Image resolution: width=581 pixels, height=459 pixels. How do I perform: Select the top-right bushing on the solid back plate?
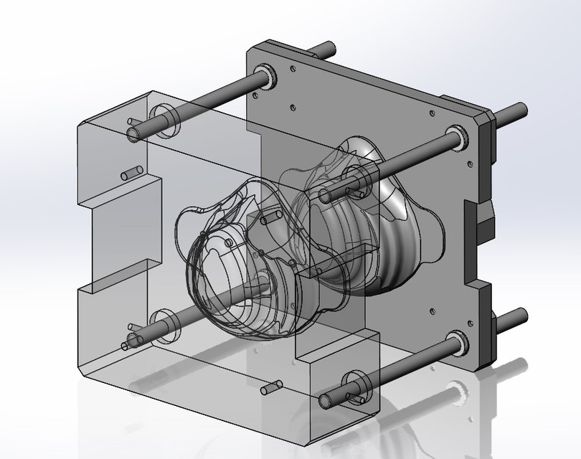tap(457, 137)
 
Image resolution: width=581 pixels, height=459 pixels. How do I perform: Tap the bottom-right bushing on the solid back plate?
tap(456, 341)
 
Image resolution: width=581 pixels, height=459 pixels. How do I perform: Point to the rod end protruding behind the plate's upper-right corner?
tap(518, 110)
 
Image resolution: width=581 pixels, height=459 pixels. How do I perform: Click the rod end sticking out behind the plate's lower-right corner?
tap(516, 316)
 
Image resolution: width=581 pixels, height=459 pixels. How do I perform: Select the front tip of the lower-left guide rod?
tap(133, 339)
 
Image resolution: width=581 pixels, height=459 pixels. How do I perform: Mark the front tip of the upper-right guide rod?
tap(326, 195)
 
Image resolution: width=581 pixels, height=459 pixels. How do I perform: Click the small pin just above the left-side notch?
tap(131, 174)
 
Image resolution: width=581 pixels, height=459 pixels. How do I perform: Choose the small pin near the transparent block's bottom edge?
tap(270, 388)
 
